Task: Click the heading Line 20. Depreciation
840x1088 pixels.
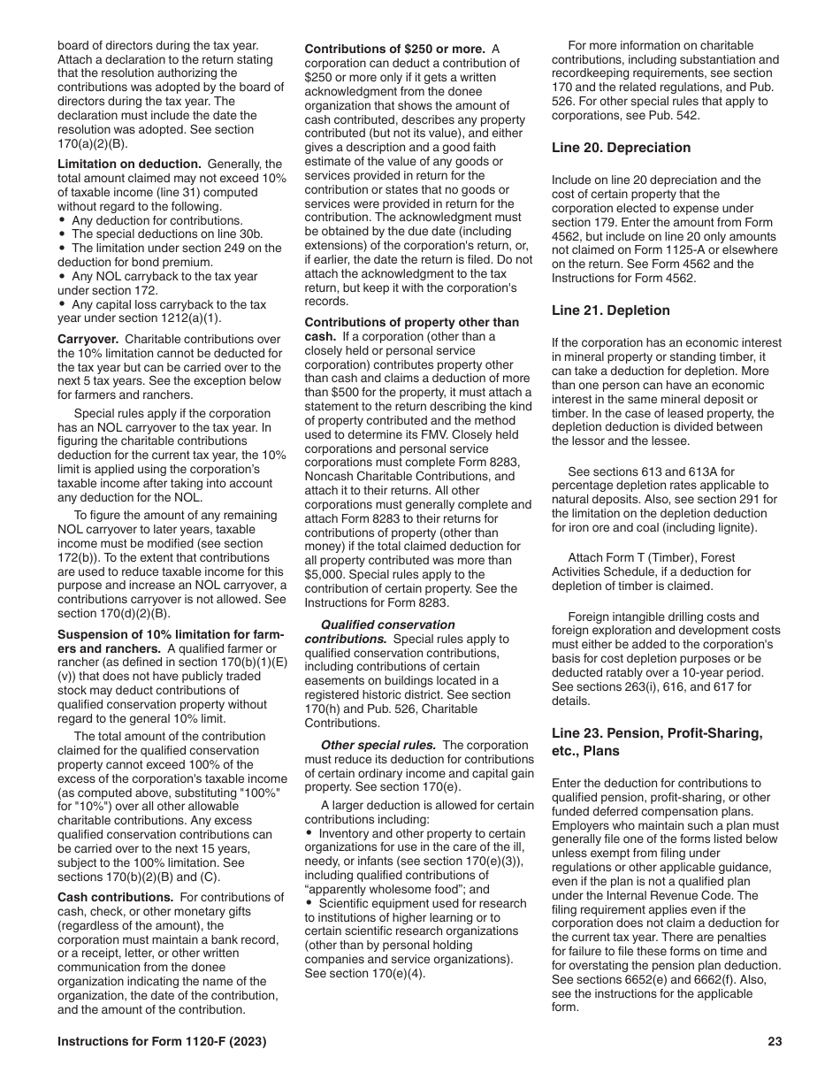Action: point(621,148)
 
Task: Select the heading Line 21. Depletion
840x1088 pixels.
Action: point(610,310)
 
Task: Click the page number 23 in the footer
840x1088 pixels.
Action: point(775,1042)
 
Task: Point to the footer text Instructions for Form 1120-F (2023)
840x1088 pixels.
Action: point(162,1042)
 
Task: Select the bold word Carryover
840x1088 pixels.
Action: point(88,340)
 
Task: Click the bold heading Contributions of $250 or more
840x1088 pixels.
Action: point(394,49)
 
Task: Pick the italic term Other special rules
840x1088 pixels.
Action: point(378,745)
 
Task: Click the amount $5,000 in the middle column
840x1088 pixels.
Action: point(325,575)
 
